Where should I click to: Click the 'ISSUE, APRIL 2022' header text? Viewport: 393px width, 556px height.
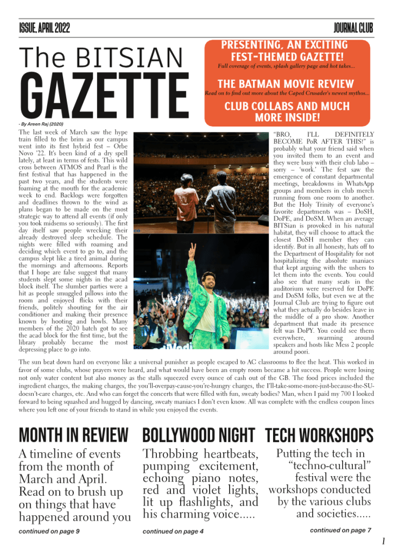44,28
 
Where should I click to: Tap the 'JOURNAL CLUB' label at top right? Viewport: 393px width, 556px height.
353,28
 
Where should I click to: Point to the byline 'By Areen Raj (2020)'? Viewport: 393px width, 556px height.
42,124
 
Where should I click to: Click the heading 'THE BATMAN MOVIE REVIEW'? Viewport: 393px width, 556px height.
285,84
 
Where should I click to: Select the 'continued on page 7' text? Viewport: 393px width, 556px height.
340,530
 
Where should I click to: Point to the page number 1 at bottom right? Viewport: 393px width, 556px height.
383,541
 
